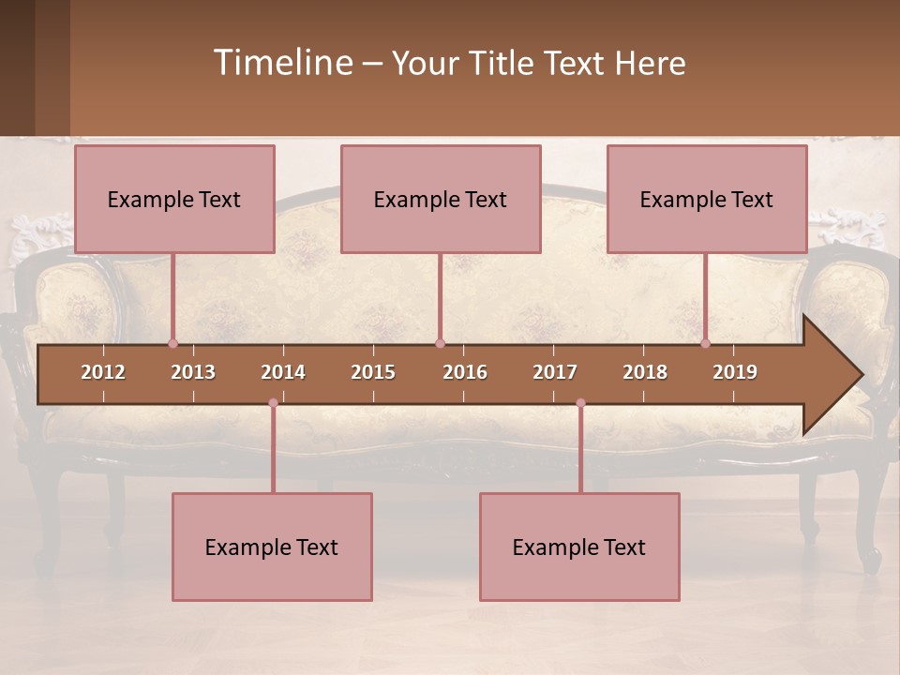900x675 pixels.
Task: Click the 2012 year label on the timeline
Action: pos(103,372)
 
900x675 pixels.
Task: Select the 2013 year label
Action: pos(193,372)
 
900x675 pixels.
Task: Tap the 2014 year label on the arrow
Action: pos(283,372)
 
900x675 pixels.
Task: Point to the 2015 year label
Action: pos(373,372)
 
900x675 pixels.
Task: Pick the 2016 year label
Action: pos(465,372)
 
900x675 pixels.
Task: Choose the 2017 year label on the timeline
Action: pos(555,372)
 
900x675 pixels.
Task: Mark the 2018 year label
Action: pos(645,372)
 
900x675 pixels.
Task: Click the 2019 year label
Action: pos(735,372)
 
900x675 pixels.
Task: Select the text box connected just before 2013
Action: pos(174,199)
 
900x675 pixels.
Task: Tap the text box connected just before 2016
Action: pos(441,199)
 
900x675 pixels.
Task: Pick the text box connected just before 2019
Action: pos(707,199)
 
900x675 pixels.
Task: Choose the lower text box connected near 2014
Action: pos(272,547)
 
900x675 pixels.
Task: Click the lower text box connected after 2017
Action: pos(579,547)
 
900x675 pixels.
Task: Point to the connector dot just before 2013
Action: pos(172,343)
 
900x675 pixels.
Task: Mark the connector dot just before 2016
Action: pos(440,343)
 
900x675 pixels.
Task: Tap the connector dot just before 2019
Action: pos(706,343)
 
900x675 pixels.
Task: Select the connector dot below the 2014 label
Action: pos(273,403)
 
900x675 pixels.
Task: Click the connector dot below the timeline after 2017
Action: pos(580,403)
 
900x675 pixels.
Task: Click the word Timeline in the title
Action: pos(282,62)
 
